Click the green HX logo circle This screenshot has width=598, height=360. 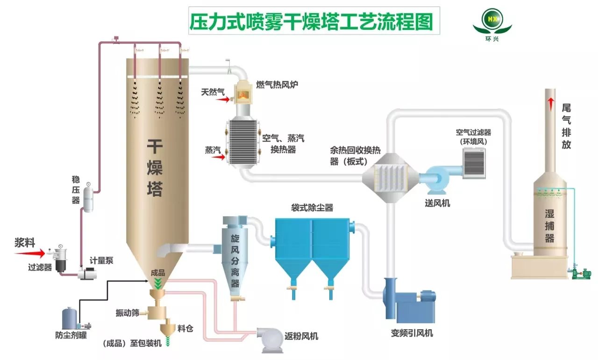492,19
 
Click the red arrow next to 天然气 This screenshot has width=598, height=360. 223,99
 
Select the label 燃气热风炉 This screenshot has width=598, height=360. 277,85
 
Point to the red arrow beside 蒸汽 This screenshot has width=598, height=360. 218,157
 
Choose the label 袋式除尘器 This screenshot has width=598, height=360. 312,208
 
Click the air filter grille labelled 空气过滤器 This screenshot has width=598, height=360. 474,163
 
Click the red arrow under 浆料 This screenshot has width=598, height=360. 29,253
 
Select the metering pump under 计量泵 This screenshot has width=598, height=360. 87,274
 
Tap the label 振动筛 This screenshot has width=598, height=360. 128,313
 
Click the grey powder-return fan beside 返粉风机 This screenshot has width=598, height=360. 270,339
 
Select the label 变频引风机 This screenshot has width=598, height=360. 412,333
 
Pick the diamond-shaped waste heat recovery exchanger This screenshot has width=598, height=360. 390,178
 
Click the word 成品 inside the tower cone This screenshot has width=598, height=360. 158,273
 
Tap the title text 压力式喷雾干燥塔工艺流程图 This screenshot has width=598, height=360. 311,22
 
